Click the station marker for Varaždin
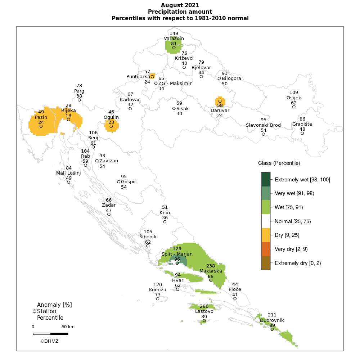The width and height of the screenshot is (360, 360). [174, 48]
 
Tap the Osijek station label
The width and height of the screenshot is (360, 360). [294, 98]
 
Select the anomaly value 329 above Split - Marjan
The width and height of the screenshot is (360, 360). [177, 249]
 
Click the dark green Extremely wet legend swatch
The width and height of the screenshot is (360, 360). [266, 179]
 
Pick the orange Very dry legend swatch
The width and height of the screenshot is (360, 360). [266, 249]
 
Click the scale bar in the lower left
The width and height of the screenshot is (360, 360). [50, 334]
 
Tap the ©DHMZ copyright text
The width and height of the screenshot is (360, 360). [49, 341]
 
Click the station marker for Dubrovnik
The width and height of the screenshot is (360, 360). [272, 329]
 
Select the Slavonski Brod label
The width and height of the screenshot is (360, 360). [263, 125]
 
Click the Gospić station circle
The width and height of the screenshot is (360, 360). [119, 182]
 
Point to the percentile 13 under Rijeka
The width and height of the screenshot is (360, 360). [68, 116]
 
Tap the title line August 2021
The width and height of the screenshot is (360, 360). [180, 5]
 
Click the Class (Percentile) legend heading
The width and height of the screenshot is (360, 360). [279, 163]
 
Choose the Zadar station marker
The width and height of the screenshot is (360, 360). [109, 214]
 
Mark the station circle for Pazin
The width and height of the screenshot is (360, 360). [41, 126]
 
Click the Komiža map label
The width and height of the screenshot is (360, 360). [158, 289]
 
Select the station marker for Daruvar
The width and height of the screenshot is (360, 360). [220, 101]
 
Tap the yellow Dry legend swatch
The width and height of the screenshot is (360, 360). [266, 235]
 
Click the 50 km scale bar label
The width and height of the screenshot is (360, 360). [68, 327]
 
